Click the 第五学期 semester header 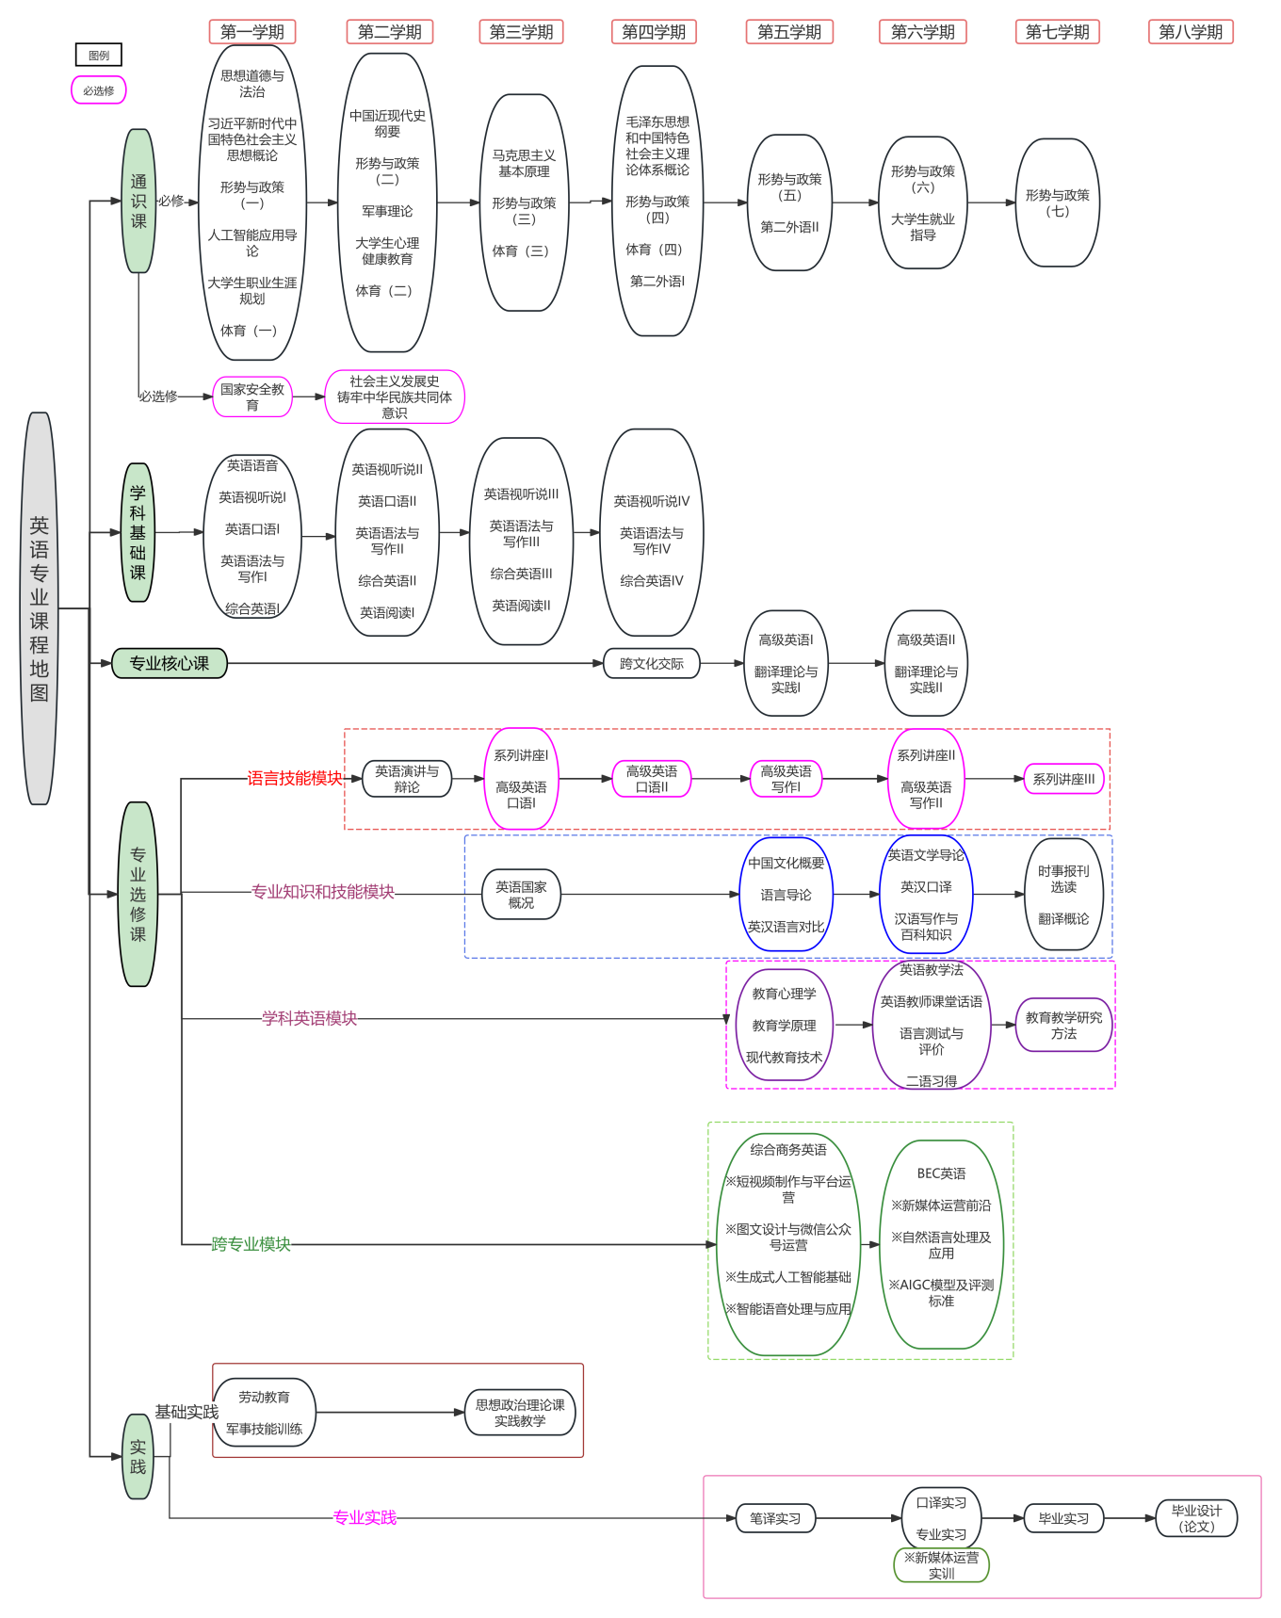tap(789, 32)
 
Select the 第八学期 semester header tap(1191, 32)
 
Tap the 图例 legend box tap(99, 56)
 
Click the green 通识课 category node tap(138, 201)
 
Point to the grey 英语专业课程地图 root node tap(39, 608)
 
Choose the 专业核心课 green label tap(170, 663)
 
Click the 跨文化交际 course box tap(652, 663)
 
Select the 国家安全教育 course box tap(252, 396)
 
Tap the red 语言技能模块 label tap(295, 778)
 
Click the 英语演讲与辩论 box tap(407, 779)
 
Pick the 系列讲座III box tap(1063, 779)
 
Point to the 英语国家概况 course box tap(521, 895)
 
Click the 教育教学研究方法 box tap(1063, 1025)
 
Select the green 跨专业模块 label tap(251, 1244)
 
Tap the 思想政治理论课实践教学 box tap(520, 1412)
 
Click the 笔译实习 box tap(775, 1518)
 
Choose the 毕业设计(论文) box tap(1196, 1518)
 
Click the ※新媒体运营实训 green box tap(941, 1565)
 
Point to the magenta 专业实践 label tap(365, 1517)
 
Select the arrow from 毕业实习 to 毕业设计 tap(1129, 1518)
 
